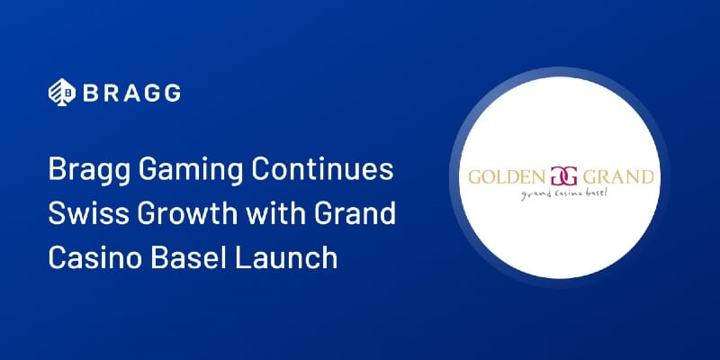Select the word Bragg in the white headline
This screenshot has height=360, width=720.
(x=85, y=171)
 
